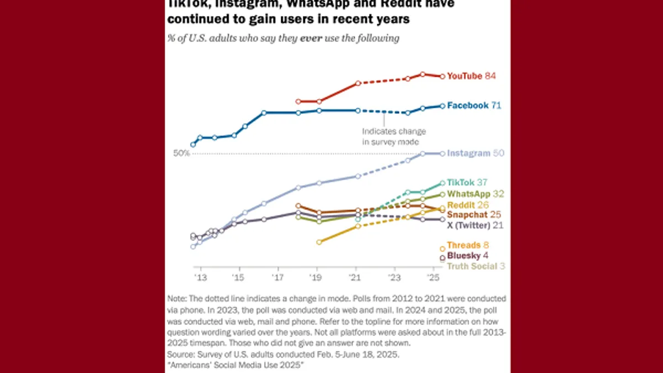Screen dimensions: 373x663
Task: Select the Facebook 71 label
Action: pos(473,105)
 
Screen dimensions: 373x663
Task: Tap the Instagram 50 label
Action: pos(475,154)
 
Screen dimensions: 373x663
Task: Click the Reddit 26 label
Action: pos(467,205)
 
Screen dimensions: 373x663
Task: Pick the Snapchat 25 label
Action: pos(473,214)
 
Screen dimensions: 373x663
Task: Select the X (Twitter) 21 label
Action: pos(475,225)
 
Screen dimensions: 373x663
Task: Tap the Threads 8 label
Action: pos(468,245)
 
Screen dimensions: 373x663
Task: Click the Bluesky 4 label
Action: pos(467,256)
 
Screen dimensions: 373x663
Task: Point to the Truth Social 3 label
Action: pos(476,266)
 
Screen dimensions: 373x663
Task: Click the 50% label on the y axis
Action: pos(181,153)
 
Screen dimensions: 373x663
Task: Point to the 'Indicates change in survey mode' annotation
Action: pos(394,136)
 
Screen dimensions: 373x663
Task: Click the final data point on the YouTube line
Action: pos(442,76)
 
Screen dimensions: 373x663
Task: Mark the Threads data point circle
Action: pos(442,249)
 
